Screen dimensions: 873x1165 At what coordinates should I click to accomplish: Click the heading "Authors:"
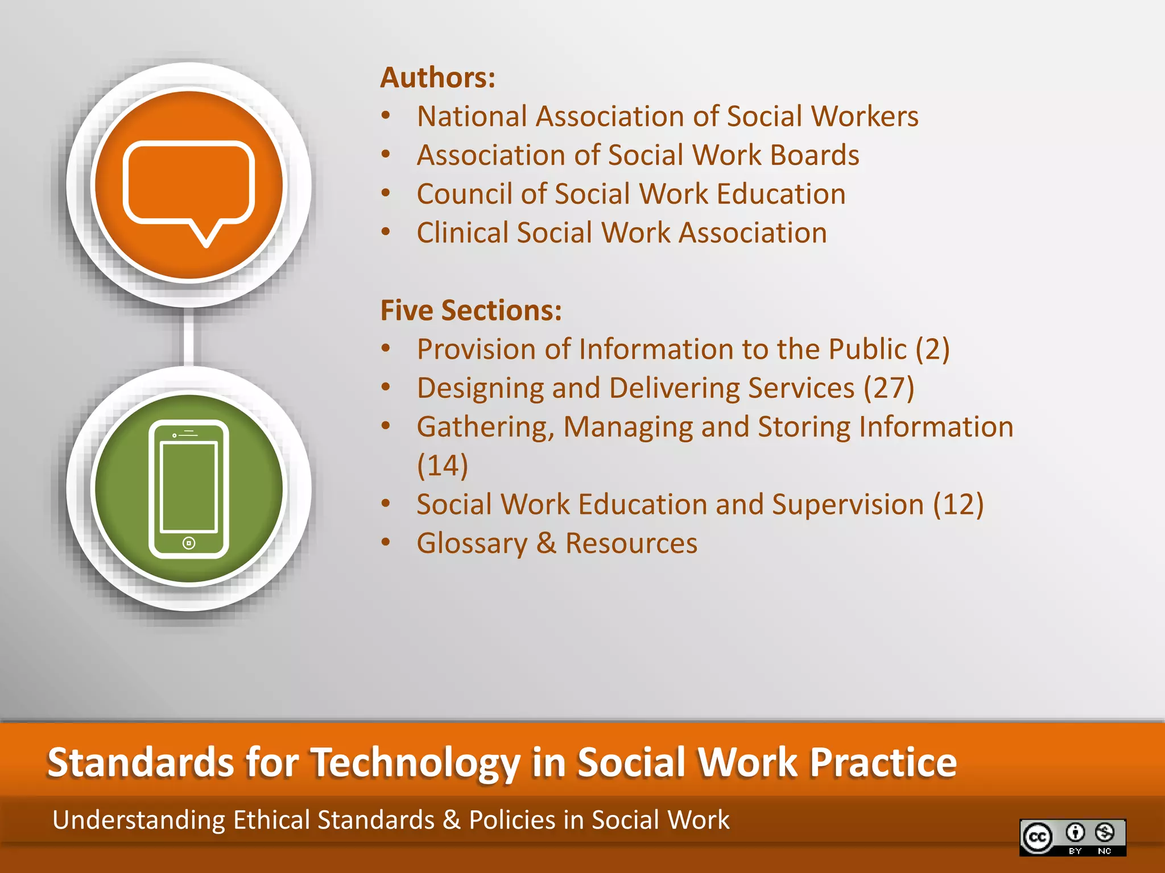pos(437,77)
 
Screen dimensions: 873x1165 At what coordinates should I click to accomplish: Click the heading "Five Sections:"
pos(471,310)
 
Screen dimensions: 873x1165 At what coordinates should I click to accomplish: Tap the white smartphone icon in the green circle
pos(189,489)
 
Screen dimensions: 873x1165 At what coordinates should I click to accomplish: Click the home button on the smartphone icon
pos(189,543)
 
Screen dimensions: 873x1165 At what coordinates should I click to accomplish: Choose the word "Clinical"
pos(462,233)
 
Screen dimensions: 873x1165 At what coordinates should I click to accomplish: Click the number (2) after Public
pos(932,349)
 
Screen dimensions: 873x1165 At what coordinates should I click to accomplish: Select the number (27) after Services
pos(889,388)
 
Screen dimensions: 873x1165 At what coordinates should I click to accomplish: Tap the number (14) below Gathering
pos(443,465)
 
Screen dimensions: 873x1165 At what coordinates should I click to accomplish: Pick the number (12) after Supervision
pos(958,505)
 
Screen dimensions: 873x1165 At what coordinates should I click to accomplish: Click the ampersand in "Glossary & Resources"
pos(546,543)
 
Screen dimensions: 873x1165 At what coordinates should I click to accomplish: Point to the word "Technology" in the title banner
pos(416,763)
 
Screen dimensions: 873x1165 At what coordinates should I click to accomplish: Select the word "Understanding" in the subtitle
pos(139,820)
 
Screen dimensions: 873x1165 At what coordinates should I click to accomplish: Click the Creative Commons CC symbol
pos(1038,837)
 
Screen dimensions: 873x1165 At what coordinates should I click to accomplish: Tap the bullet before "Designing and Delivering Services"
pos(386,388)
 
